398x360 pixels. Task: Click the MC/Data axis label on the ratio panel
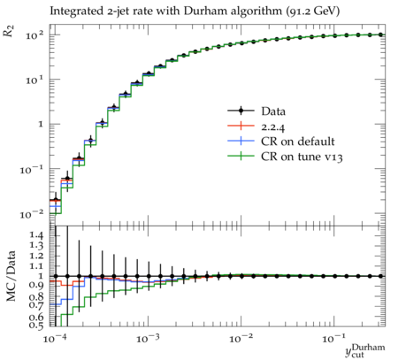(x=11, y=276)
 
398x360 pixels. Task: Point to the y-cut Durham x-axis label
(x=365, y=350)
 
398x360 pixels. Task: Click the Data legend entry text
(x=273, y=111)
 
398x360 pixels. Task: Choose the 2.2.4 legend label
(x=273, y=126)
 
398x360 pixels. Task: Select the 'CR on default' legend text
(x=298, y=142)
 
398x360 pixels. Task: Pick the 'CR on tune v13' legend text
(x=302, y=157)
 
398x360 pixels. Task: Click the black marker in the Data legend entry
(x=241, y=111)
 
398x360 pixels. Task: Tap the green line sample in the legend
(x=241, y=156)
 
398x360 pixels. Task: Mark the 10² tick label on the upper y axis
(x=34, y=35)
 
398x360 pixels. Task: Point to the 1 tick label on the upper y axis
(x=40, y=125)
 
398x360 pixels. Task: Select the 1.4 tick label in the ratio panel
(x=37, y=236)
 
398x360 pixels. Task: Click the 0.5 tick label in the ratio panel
(x=36, y=326)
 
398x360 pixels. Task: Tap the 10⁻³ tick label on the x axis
(x=148, y=339)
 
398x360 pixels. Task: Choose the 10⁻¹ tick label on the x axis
(x=334, y=339)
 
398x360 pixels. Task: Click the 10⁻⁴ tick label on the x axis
(x=55, y=339)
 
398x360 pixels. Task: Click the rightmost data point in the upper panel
(x=380, y=34)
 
